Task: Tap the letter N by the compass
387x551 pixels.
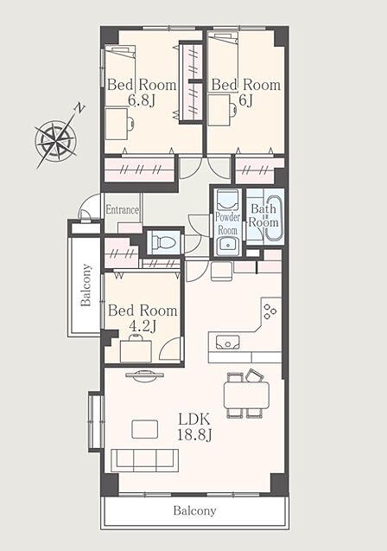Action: point(80,109)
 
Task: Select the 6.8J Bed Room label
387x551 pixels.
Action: point(142,92)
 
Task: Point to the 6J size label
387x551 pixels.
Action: point(245,100)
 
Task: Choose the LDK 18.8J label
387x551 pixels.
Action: point(194,427)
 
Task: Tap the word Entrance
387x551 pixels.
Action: point(123,210)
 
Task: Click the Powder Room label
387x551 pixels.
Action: point(228,223)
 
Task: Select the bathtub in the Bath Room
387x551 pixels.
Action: point(273,215)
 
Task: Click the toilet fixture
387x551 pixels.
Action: point(163,242)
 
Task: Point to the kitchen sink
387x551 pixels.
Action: point(228,342)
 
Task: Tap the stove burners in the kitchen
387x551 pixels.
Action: point(270,311)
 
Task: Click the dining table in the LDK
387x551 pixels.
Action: point(246,395)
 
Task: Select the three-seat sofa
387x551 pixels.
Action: point(144,460)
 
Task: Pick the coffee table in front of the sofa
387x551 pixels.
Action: point(144,429)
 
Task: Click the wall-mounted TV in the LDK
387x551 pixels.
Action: point(144,375)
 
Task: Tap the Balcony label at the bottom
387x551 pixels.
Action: point(194,510)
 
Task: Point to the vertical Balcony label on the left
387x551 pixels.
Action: point(86,285)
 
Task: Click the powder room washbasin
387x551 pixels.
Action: point(228,243)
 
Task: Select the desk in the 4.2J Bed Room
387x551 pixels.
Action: point(136,350)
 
